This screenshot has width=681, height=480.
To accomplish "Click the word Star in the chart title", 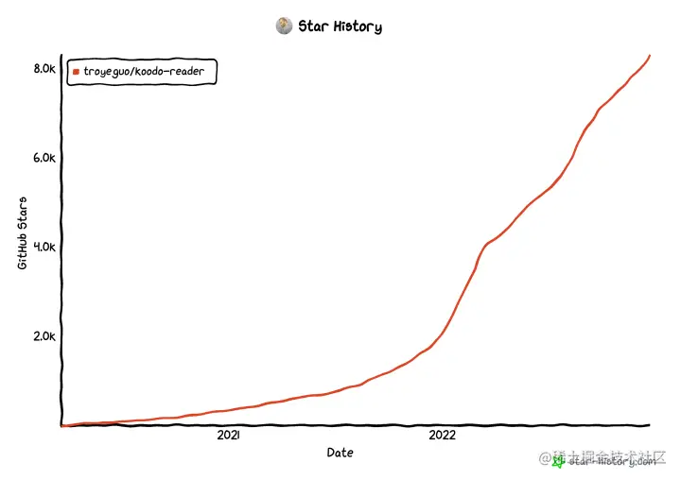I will [x=313, y=26].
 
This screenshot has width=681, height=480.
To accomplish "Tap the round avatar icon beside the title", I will [x=284, y=26].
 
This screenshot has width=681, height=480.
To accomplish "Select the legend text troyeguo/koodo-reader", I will [x=150, y=72].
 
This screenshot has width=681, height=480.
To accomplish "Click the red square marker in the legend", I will [x=77, y=72].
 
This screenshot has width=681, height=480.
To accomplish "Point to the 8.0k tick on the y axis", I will [x=44, y=69].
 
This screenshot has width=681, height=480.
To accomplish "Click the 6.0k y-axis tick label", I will [x=44, y=158].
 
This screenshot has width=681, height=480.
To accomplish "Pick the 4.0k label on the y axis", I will [x=44, y=247].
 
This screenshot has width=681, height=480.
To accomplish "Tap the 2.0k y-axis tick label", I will [x=44, y=336].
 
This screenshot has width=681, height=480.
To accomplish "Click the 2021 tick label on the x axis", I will [x=228, y=436].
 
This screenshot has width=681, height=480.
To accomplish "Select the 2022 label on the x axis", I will [x=442, y=436].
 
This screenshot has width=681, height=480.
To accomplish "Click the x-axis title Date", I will [x=340, y=453].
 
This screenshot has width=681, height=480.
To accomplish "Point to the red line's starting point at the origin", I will [x=62, y=425].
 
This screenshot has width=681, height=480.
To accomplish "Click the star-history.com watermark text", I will [x=612, y=461].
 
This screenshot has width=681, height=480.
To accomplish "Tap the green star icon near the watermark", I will [x=559, y=461].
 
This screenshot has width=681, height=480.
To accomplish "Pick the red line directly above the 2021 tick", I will [x=228, y=410].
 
